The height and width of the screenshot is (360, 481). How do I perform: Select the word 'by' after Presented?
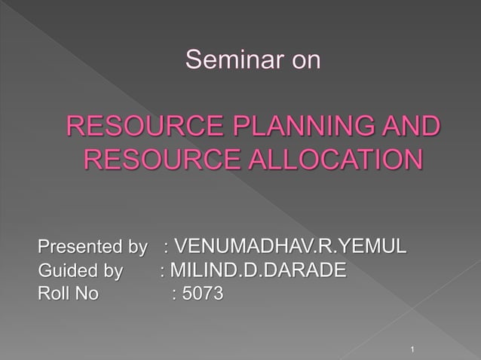click(139, 246)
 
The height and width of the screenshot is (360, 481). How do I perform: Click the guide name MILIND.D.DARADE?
click(259, 270)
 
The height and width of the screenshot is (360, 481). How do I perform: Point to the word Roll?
click(52, 294)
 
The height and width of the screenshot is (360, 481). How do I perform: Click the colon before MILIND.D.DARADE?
click(163, 270)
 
